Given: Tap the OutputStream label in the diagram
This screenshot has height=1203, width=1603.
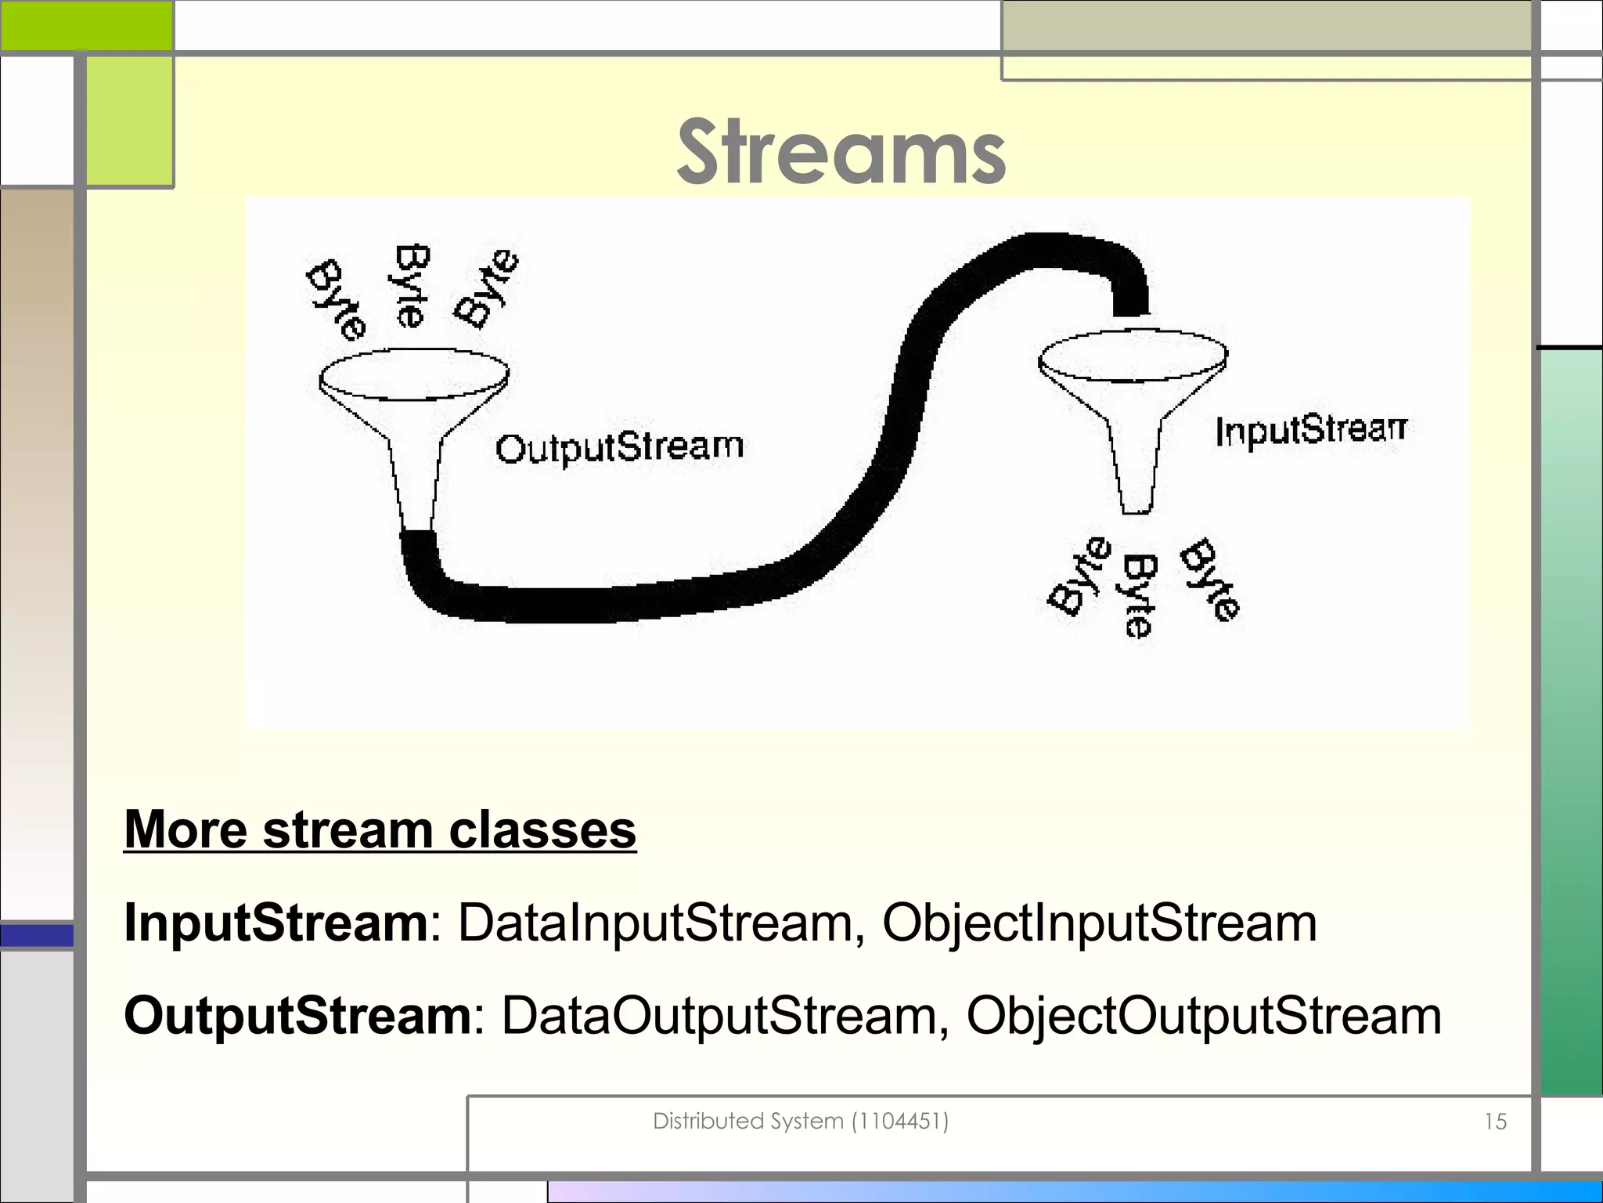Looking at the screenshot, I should tap(619, 448).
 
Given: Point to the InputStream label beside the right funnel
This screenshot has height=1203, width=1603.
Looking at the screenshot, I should tap(1310, 431).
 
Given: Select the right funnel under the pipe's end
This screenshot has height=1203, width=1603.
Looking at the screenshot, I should tap(1133, 407).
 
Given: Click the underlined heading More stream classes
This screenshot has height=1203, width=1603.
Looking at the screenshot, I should tap(380, 829).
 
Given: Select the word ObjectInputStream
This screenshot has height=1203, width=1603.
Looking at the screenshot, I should tap(1100, 923).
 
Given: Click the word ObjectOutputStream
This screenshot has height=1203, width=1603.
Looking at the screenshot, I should tap(1204, 1016).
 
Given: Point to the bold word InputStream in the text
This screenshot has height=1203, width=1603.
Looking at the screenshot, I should tap(276, 923).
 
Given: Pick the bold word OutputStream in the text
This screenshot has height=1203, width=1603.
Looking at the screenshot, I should tap(298, 1016).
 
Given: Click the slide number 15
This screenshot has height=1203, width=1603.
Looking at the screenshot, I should tap(1495, 1122).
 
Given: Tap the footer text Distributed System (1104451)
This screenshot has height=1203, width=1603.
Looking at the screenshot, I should tap(801, 1122).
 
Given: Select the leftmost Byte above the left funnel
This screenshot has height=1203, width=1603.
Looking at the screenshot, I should tap(336, 300).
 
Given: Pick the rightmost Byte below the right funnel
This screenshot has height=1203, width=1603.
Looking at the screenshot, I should tap(1210, 580).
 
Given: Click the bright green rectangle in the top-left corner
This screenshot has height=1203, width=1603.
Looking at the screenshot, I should tap(86, 25).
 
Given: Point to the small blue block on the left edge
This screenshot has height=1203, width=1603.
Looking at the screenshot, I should tap(37, 935).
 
